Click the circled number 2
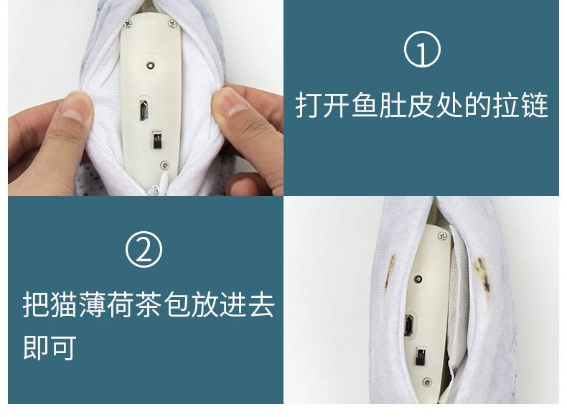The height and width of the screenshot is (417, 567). point(144,250)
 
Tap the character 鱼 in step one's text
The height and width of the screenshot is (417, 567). point(360,106)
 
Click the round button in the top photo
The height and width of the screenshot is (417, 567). point(151,65)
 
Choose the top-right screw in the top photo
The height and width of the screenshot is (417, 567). point(172,24)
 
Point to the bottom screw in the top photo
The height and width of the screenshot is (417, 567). point(165,164)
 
